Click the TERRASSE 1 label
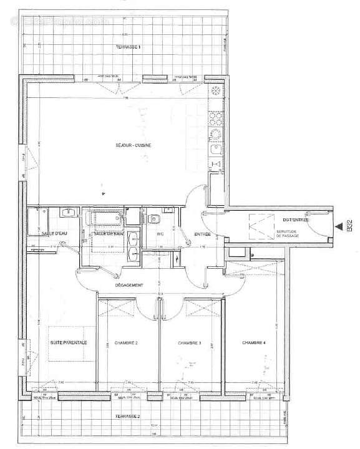click(x=128, y=48)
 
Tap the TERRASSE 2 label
click(x=127, y=416)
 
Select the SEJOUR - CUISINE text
click(x=134, y=146)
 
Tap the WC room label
click(x=159, y=234)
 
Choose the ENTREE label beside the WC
click(x=202, y=234)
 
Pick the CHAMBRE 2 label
click(x=127, y=343)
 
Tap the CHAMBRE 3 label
click(x=189, y=343)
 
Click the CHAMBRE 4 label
click(x=254, y=342)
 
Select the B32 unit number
click(x=350, y=224)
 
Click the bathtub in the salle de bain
click(x=107, y=218)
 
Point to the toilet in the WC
click(x=154, y=218)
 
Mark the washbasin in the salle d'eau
click(x=67, y=213)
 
